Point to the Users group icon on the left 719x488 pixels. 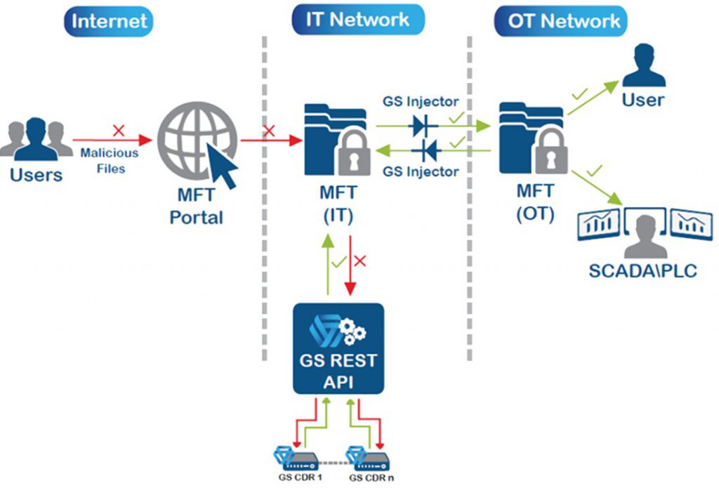[x=37, y=140]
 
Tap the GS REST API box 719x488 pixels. [x=338, y=348]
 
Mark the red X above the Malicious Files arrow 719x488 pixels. [x=119, y=131]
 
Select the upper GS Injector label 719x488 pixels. [x=420, y=102]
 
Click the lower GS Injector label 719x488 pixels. [x=420, y=171]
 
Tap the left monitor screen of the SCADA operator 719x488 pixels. [x=598, y=225]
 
